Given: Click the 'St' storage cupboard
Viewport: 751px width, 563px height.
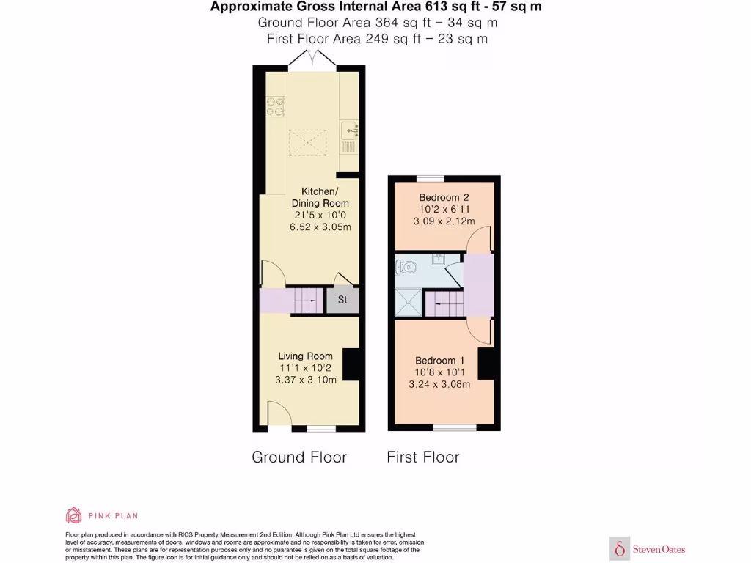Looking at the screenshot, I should coord(342,300).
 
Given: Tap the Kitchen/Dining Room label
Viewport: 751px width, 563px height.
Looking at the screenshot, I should coord(320,197).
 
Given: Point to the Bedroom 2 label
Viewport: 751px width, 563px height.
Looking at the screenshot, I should coord(444,197).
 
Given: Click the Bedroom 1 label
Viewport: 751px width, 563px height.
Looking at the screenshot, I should coord(440,360).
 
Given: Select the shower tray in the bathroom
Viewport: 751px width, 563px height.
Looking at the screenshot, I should coord(409,301).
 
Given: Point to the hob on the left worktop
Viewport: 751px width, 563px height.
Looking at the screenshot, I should coord(275,108).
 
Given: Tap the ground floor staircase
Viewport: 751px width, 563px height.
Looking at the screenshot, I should coord(304,300).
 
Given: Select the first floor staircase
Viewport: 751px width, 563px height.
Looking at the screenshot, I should coord(444,303).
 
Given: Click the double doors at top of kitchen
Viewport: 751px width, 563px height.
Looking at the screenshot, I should coord(313,62).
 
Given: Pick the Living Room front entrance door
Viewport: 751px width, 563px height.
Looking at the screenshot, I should coord(276,413).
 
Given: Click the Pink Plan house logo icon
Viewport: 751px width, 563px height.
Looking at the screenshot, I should coord(73,515).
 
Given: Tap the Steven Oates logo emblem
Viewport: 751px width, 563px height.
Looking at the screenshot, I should coord(620,548).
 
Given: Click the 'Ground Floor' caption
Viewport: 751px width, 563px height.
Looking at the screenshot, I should coord(298,457).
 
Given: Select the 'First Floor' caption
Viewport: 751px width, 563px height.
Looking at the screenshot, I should coord(423,457).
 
